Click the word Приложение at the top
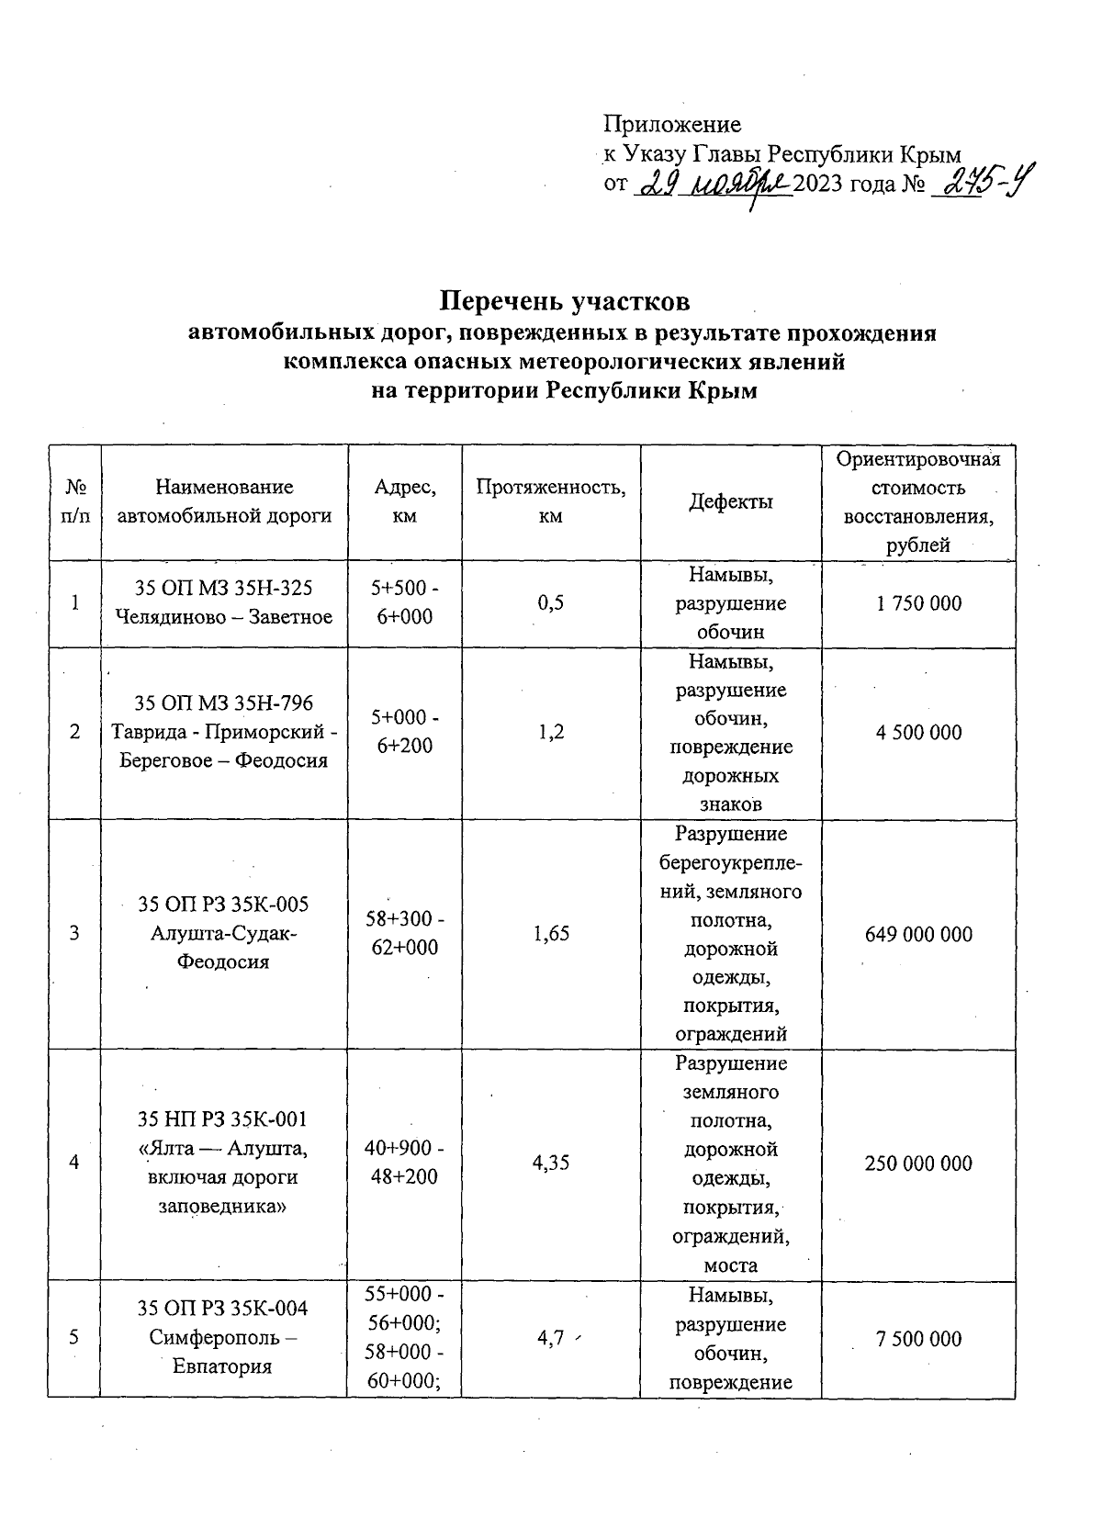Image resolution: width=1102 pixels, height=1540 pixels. [x=671, y=124]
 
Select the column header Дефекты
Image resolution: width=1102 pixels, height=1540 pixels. [x=731, y=501]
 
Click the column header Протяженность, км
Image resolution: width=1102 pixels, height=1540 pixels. [x=551, y=501]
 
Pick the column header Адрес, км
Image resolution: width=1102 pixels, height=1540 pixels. [x=404, y=501]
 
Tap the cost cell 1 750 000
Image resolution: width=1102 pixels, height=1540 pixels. [x=918, y=603]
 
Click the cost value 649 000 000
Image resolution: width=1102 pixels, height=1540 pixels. [x=918, y=934]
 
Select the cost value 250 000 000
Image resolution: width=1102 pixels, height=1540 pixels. [x=918, y=1163]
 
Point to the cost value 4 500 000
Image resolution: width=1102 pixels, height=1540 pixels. [x=918, y=732]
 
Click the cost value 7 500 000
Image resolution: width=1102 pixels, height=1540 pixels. [x=918, y=1338]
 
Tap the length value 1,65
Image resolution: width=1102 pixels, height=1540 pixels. [x=551, y=934]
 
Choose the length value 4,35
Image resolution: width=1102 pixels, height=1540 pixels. [x=551, y=1163]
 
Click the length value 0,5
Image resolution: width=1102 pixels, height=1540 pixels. [x=551, y=603]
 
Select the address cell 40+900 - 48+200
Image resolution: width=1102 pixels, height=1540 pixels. [x=404, y=1163]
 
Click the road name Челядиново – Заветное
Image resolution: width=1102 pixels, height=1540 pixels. [x=224, y=617]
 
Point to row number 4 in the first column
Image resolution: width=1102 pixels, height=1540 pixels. [x=73, y=1163]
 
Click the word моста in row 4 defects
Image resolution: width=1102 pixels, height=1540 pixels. [x=731, y=1265]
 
